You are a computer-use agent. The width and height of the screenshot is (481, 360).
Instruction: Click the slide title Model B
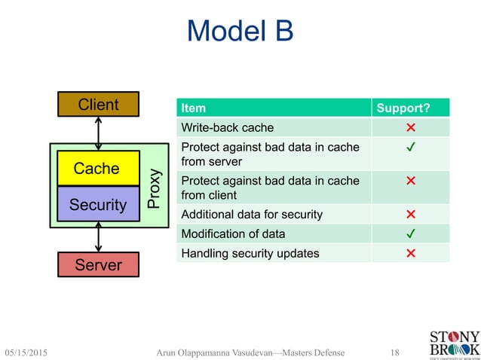click(x=240, y=32)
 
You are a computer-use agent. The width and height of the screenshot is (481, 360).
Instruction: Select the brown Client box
click(x=98, y=105)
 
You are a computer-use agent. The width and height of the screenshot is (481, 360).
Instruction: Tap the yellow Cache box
click(x=97, y=168)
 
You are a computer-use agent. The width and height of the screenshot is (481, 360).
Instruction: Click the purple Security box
click(x=98, y=204)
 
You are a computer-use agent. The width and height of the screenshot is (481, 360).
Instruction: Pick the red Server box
click(x=98, y=265)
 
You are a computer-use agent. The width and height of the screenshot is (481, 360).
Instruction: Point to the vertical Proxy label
click(x=154, y=188)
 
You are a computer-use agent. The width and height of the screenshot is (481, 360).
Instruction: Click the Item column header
click(x=194, y=108)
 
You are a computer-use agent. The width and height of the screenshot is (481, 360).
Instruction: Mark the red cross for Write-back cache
click(x=410, y=127)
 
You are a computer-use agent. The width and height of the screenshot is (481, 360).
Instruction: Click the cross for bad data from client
click(x=410, y=181)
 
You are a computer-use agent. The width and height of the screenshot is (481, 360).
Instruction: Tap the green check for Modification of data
click(x=410, y=233)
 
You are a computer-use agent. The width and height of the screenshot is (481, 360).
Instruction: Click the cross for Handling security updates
click(x=410, y=253)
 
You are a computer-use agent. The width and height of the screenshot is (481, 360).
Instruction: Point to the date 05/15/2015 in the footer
click(x=32, y=352)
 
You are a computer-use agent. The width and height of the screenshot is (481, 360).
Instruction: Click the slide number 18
click(x=395, y=352)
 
